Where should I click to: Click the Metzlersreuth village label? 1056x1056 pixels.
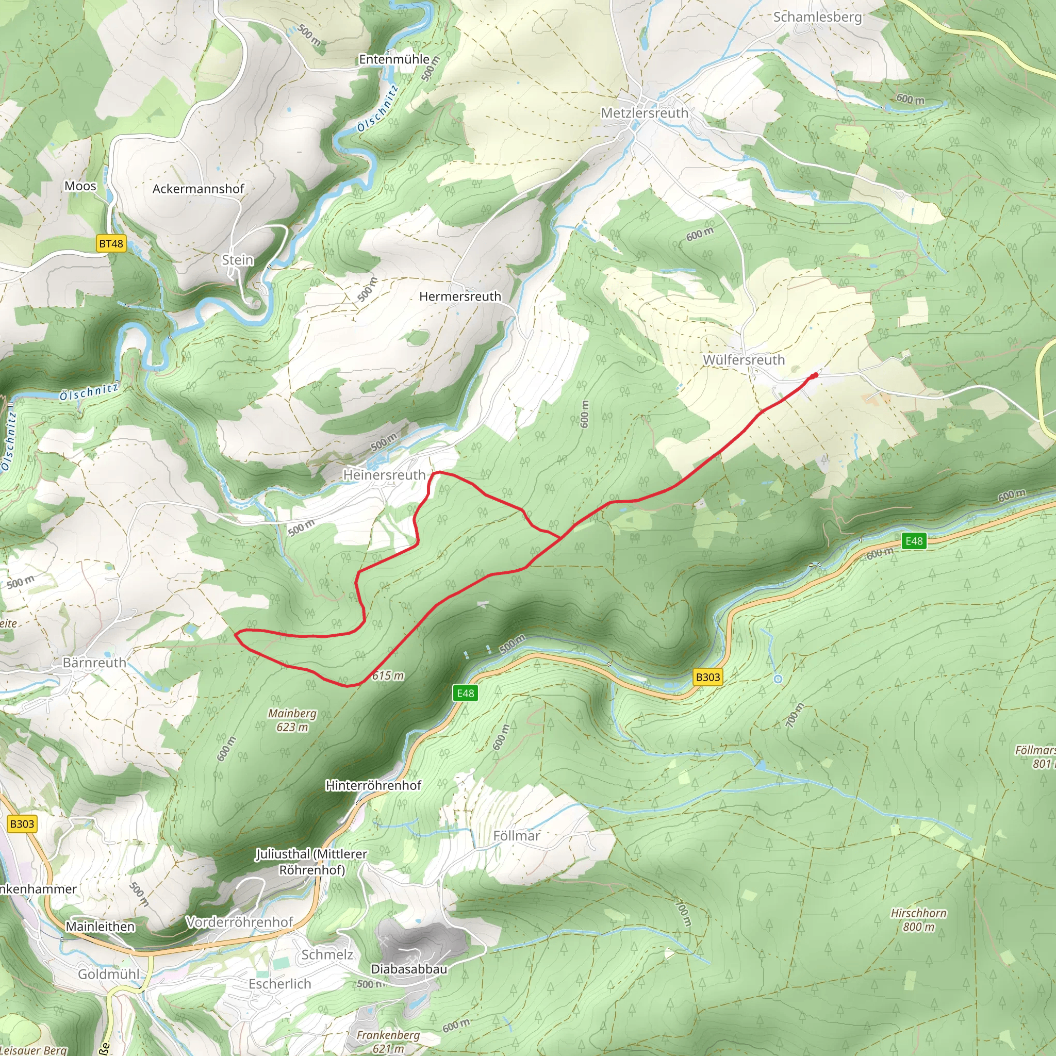click(x=645, y=113)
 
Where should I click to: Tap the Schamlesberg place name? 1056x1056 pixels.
click(x=817, y=17)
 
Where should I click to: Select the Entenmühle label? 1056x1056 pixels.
click(x=393, y=59)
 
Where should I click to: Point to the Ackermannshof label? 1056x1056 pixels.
click(x=198, y=189)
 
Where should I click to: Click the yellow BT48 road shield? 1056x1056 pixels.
click(x=111, y=243)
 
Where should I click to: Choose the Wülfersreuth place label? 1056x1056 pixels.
click(x=744, y=360)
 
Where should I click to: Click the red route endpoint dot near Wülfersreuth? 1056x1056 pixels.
click(x=815, y=375)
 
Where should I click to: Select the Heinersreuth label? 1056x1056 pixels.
click(x=384, y=475)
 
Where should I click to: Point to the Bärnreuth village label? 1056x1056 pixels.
click(x=94, y=663)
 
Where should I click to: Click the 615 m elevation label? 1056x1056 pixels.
click(x=388, y=675)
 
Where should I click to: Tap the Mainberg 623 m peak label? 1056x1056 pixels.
click(x=292, y=720)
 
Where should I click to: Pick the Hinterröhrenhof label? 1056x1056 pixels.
click(x=373, y=785)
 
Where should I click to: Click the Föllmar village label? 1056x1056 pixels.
click(x=516, y=836)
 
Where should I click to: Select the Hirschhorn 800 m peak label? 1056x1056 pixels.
click(x=918, y=919)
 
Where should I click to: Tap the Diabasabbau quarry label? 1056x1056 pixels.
click(x=409, y=969)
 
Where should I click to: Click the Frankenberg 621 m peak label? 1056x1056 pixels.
click(x=388, y=1041)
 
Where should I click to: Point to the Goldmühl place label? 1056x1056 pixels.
click(x=108, y=974)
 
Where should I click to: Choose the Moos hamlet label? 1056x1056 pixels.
click(x=80, y=186)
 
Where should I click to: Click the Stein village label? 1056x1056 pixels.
click(x=237, y=260)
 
